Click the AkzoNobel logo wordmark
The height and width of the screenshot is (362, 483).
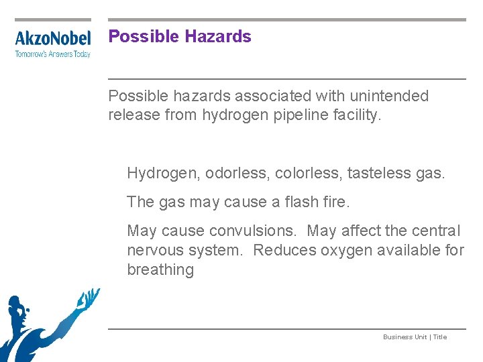click(53, 39)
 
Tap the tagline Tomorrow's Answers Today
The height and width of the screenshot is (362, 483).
click(53, 54)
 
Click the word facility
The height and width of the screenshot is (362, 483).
click(357, 115)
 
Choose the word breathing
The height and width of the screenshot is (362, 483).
click(160, 269)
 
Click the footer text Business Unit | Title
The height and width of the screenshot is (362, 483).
click(415, 337)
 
